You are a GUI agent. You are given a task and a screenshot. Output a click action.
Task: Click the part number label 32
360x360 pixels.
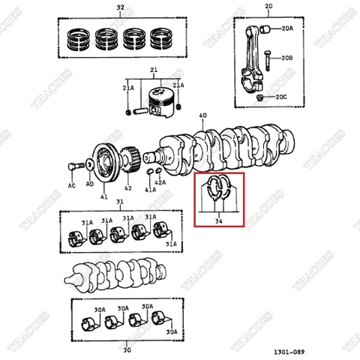click(x=120, y=7)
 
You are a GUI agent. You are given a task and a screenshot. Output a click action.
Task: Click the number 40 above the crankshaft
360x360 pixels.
click(x=202, y=115)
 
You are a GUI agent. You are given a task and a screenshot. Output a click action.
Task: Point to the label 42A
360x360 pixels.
click(x=160, y=182)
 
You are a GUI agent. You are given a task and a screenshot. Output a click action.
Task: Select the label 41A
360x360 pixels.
click(x=149, y=190)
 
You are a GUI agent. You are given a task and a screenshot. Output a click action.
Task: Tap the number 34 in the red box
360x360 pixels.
click(x=219, y=221)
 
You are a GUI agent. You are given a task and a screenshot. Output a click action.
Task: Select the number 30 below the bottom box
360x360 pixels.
click(x=127, y=349)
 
